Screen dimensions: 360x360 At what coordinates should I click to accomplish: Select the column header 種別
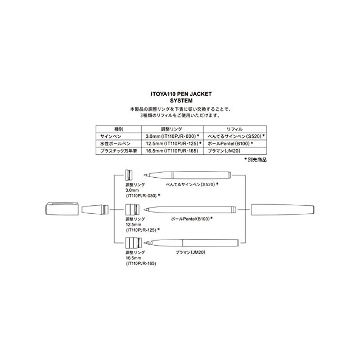point(118,129)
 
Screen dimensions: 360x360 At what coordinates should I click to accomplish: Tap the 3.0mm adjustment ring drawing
point(128,174)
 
